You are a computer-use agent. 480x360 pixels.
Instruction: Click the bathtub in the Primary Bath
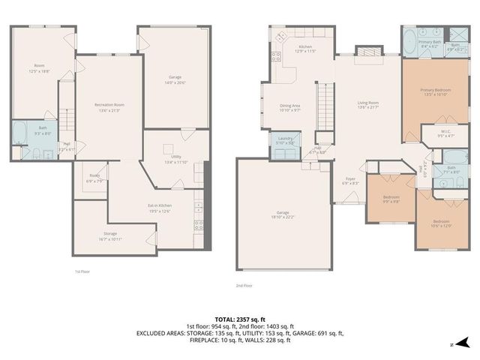[411, 43]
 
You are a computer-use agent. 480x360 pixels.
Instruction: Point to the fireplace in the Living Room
[367, 51]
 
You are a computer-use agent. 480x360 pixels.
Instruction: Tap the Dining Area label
[290, 108]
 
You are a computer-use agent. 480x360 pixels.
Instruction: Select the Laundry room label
[284, 140]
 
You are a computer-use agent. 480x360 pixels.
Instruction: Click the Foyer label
[350, 181]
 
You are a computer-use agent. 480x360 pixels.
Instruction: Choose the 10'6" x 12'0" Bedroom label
[440, 223]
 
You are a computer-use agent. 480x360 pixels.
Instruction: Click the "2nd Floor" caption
[244, 285]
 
